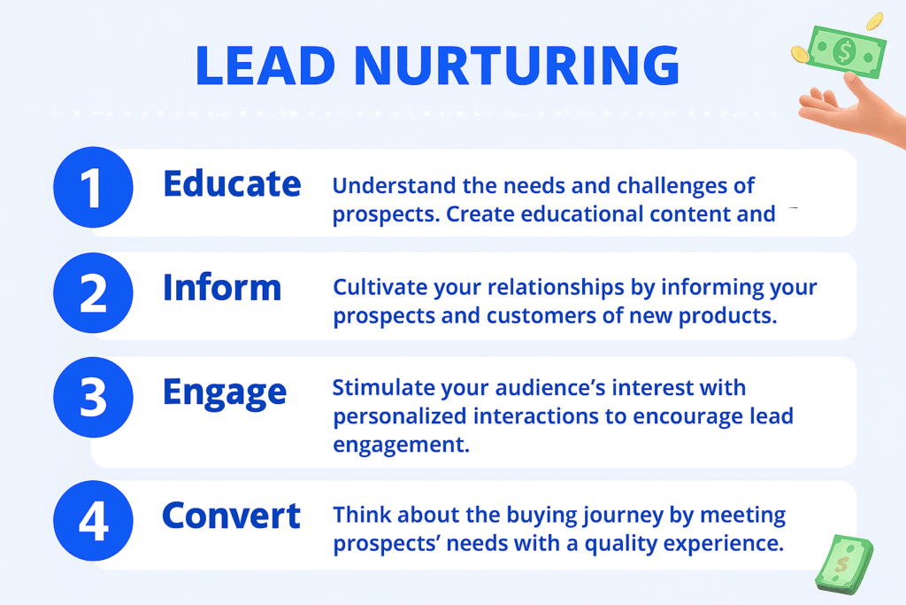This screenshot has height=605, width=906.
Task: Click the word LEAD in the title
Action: click(x=265, y=65)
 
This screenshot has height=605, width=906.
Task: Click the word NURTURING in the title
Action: click(x=517, y=65)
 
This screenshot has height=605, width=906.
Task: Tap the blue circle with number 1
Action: click(x=93, y=187)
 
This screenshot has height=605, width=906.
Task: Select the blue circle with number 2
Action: click(x=93, y=292)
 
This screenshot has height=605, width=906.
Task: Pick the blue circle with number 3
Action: click(x=93, y=398)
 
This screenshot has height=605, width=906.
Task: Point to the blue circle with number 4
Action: click(x=93, y=521)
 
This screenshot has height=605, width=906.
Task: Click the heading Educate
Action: click(x=232, y=183)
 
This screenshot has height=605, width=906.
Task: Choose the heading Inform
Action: click(x=222, y=288)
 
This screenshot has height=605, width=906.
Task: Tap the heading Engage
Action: click(x=224, y=393)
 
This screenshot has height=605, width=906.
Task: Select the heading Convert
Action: click(x=231, y=516)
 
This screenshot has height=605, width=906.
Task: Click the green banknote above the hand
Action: click(x=847, y=51)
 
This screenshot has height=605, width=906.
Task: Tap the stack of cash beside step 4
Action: click(x=844, y=564)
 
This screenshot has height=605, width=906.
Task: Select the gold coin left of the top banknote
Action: click(x=800, y=55)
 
